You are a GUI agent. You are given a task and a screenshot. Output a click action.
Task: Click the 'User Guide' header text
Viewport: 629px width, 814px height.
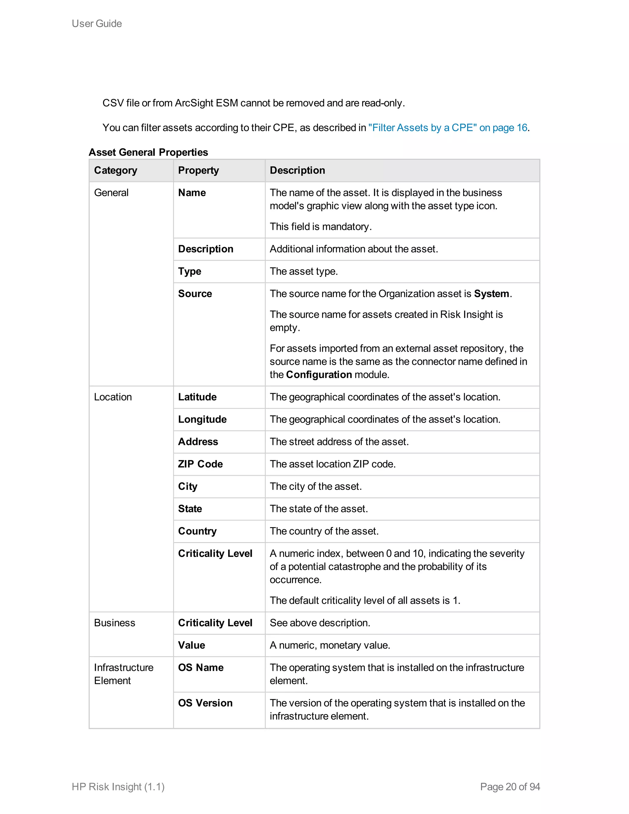[96, 23]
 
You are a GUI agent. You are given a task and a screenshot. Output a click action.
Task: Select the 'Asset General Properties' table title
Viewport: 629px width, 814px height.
[148, 152]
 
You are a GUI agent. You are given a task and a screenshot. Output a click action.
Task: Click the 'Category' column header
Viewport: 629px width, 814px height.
[115, 170]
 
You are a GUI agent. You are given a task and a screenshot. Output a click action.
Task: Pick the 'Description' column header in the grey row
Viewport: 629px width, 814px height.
[297, 170]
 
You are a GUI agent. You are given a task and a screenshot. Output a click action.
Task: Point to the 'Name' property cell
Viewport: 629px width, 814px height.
[192, 193]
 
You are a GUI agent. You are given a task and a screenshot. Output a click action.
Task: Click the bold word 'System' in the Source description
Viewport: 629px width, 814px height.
[491, 294]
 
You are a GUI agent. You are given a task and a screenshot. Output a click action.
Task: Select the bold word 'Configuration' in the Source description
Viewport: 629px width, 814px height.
[318, 374]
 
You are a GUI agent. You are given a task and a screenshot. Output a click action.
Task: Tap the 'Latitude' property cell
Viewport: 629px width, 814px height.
[197, 397]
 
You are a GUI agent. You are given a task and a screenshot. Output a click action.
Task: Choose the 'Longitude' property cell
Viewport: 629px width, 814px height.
[202, 419]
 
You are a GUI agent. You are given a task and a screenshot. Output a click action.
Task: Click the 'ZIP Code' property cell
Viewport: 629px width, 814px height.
[200, 464]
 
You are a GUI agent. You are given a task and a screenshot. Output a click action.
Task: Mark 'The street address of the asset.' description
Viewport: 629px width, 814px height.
[339, 442]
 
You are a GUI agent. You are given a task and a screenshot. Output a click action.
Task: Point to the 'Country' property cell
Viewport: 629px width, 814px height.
[197, 531]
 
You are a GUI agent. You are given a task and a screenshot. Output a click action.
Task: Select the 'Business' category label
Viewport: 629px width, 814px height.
[114, 623]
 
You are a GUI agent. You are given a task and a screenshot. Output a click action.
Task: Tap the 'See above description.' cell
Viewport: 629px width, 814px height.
[320, 623]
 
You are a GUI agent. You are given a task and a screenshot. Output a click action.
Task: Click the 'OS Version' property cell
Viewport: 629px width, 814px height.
[205, 703]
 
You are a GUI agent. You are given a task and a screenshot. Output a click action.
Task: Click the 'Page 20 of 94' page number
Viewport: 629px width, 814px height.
[510, 786]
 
